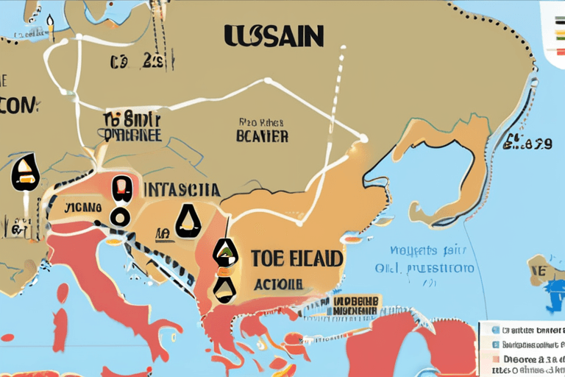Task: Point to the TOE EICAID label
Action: click(296, 258)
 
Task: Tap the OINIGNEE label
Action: click(132, 135)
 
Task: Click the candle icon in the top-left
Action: click(51, 29)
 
